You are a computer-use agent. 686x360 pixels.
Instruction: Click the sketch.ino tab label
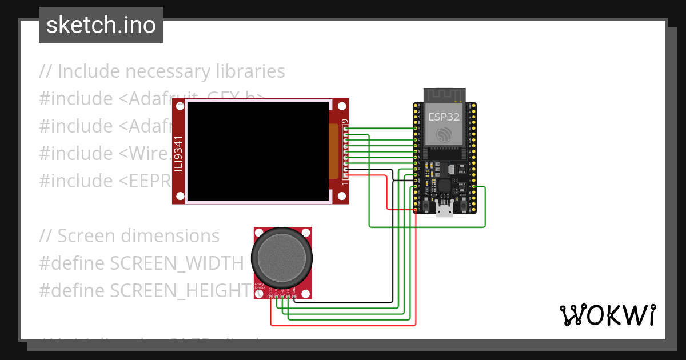pos(101,25)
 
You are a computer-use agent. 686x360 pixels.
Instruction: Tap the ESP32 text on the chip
pos(444,118)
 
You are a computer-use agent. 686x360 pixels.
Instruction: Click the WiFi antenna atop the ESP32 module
pos(444,94)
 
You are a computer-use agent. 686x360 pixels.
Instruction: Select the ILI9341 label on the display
pos(179,153)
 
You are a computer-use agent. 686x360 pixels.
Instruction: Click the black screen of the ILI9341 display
pos(257,151)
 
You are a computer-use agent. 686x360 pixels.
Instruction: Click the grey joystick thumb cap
pos(283,260)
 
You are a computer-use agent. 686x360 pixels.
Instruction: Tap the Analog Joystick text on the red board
pos(259,287)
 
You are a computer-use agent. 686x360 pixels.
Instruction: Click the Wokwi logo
pos(607,315)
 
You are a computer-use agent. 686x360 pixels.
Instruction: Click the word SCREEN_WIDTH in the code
pos(177,263)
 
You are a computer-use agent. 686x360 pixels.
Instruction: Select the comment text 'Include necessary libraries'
pos(171,71)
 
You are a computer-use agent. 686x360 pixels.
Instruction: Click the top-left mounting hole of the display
pos(180,106)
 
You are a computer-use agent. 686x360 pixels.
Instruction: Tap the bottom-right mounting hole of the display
pos(341,197)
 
